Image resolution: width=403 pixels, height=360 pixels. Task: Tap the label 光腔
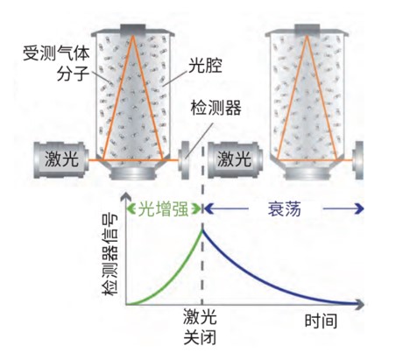pos(205,65)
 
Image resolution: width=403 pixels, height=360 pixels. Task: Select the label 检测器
pos(216,108)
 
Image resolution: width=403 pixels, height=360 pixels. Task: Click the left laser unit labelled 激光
pos(61,159)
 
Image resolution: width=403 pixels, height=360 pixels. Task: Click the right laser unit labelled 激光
pos(235,159)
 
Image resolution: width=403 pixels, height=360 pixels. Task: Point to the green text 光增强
pos(163,208)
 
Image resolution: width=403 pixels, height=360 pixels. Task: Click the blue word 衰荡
pos(285,208)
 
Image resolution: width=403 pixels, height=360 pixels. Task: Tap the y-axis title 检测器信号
pos(110,254)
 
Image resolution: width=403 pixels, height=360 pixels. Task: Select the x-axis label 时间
pos(321,321)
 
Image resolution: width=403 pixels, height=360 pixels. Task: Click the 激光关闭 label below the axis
pos(200,327)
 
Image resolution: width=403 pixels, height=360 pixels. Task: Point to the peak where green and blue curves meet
pos(202,229)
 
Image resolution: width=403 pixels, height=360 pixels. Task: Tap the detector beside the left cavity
pos(185,160)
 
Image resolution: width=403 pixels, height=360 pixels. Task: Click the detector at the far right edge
pos(358,160)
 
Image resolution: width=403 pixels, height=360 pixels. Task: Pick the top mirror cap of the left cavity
pos(133,29)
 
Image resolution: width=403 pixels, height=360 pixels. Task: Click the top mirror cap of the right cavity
pos(307,29)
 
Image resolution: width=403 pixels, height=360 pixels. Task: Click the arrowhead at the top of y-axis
pos(126,196)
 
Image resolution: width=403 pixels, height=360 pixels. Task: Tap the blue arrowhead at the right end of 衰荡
pos(360,208)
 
